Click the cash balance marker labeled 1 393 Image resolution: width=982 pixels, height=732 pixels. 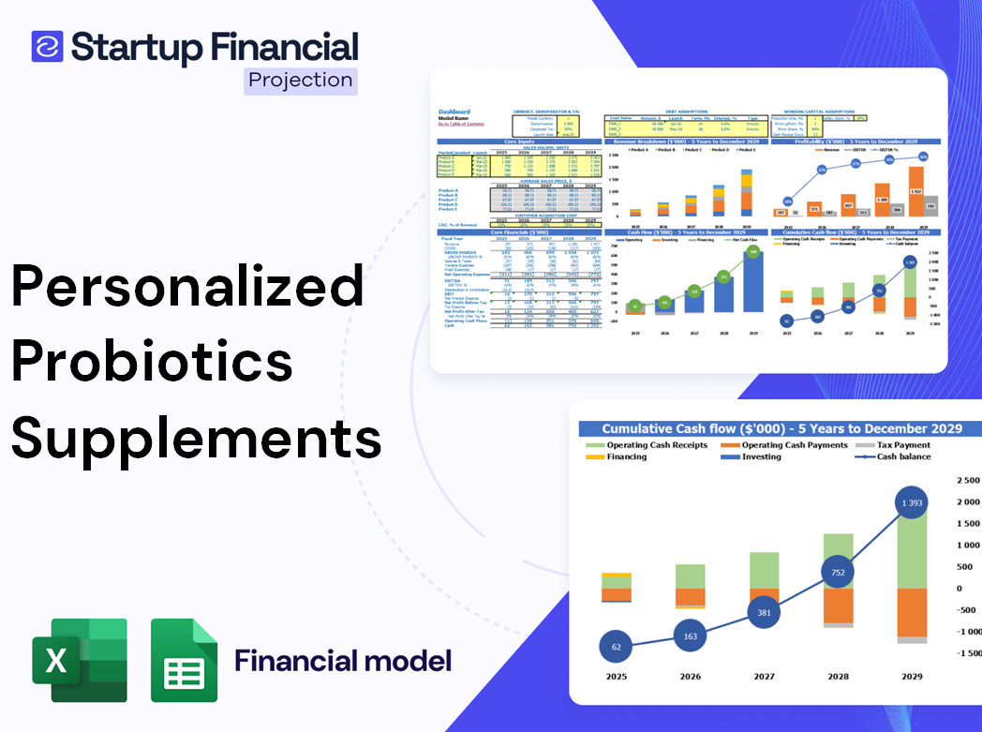(x=905, y=504)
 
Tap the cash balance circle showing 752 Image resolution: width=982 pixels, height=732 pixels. (x=839, y=573)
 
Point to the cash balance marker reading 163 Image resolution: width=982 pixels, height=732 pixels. (x=691, y=635)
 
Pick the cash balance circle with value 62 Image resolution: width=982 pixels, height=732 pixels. (x=616, y=647)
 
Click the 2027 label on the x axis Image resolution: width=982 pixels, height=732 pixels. (x=766, y=675)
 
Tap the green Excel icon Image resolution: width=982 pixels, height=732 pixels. (x=79, y=659)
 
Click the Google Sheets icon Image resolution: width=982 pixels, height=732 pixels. (x=184, y=660)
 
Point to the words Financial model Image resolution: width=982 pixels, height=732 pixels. (x=343, y=661)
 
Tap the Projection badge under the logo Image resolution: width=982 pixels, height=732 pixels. (x=301, y=80)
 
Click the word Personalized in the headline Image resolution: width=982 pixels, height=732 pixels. (x=187, y=285)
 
